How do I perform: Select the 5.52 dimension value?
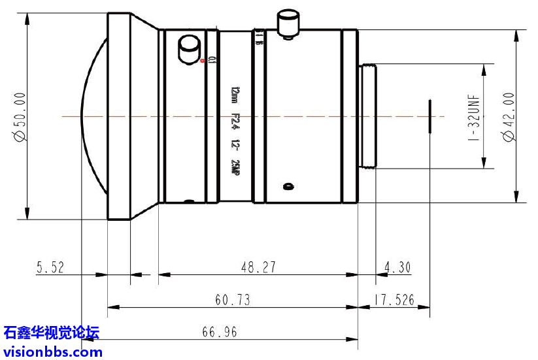click(x=52, y=267)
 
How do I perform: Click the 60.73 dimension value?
click(x=232, y=300)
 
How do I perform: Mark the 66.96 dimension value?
click(x=219, y=332)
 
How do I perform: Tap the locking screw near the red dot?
click(x=189, y=50)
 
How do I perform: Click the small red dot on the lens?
click(x=203, y=61)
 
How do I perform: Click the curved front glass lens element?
click(x=92, y=117)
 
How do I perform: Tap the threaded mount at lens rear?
click(x=367, y=116)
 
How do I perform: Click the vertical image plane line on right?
click(x=429, y=117)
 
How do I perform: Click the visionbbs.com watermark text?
click(x=52, y=352)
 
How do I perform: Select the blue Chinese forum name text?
click(x=51, y=333)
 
